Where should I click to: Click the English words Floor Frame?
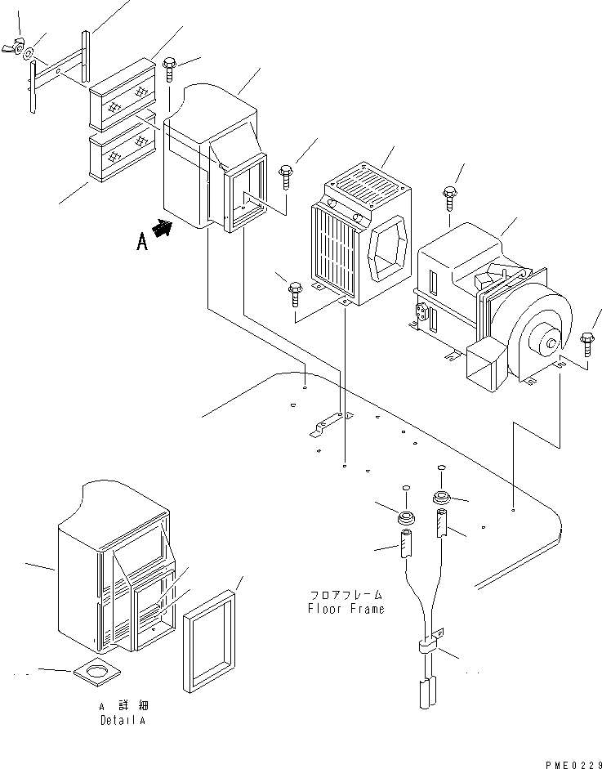pyautogui.click(x=346, y=608)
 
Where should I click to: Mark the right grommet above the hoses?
pyautogui.click(x=442, y=497)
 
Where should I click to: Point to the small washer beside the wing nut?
pyautogui.click(x=29, y=54)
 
